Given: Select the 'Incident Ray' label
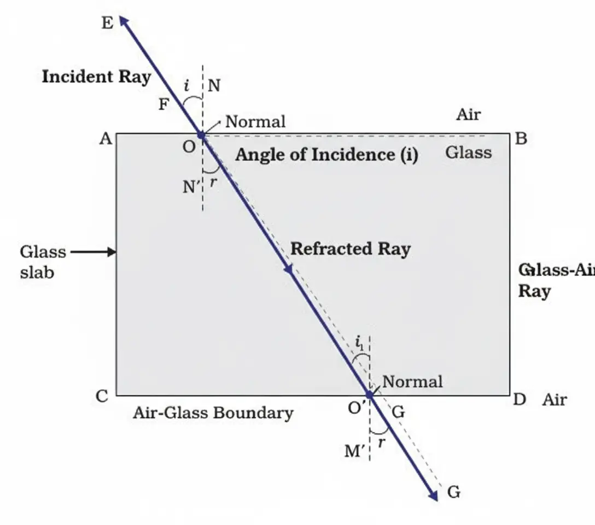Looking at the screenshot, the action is (x=96, y=77).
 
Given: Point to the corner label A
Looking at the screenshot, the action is (x=106, y=139).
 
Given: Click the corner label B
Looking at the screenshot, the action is (x=521, y=139).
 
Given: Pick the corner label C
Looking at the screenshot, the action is (x=102, y=396).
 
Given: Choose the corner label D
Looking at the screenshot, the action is (x=520, y=400).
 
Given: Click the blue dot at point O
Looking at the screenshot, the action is (x=201, y=135).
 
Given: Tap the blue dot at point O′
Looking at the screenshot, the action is (x=370, y=394).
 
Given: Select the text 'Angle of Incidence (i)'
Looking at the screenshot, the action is (x=326, y=155).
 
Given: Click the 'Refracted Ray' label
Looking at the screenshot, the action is (x=350, y=249).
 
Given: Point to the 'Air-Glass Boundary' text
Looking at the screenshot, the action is (x=213, y=413).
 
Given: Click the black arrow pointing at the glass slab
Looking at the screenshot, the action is (x=94, y=252).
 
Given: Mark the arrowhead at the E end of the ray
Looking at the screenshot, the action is (x=124, y=21).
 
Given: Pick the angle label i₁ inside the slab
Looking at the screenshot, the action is (x=359, y=344).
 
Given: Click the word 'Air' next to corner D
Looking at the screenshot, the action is (x=554, y=400).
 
